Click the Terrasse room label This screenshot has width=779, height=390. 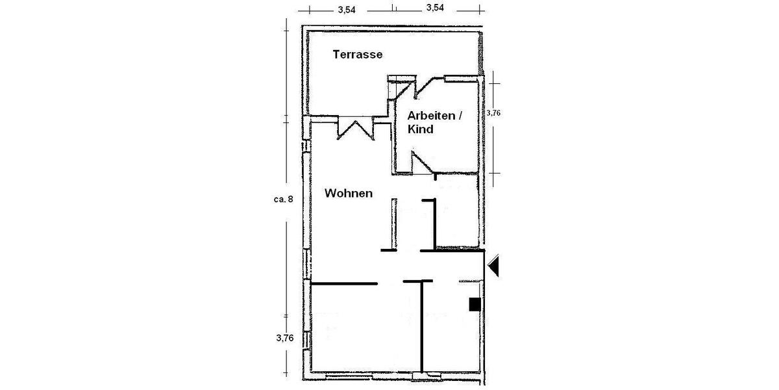point(357,55)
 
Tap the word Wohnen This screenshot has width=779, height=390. point(349,193)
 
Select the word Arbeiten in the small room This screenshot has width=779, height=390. point(430,116)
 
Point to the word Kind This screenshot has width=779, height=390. point(420,129)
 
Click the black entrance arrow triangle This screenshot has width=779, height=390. point(494,265)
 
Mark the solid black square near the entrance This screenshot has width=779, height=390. point(475,304)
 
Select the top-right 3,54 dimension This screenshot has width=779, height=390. point(435,8)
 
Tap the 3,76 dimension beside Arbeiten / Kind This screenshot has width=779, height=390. point(494,112)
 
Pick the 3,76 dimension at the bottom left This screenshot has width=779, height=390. point(286,338)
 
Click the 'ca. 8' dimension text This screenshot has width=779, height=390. point(284,199)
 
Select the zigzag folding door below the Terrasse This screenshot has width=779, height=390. point(356,127)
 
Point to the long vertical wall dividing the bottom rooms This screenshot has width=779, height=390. point(422,325)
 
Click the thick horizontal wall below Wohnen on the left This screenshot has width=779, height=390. point(344,283)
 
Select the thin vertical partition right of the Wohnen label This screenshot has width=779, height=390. point(393,223)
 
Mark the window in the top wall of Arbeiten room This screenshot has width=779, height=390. point(462,79)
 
